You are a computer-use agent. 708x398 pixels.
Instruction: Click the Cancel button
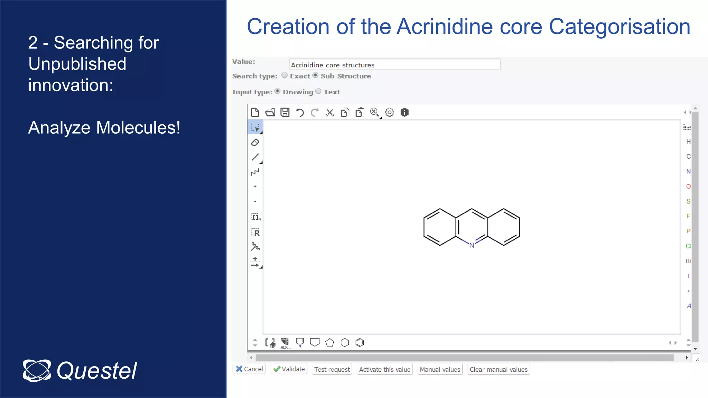tap(249, 369)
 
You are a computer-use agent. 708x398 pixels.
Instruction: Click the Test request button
tap(332, 369)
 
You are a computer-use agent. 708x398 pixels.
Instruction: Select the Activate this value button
tap(384, 369)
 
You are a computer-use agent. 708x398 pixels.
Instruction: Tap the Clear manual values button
tap(498, 369)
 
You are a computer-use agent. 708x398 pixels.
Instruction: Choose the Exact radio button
tap(285, 75)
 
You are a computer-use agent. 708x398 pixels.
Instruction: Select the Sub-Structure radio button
tap(315, 75)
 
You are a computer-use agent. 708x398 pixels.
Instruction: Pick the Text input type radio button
tap(318, 91)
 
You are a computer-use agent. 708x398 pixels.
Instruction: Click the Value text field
tap(394, 65)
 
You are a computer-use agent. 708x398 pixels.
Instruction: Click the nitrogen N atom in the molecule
tap(472, 245)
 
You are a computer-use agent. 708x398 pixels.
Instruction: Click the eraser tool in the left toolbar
tap(255, 142)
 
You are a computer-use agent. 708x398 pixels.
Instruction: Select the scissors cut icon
tap(330, 113)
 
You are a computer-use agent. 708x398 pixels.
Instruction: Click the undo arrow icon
tap(300, 113)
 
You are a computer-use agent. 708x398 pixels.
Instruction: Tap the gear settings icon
tap(390, 113)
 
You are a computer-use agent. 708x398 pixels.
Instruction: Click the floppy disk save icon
tap(285, 113)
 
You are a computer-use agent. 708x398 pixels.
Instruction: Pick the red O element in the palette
tap(688, 187)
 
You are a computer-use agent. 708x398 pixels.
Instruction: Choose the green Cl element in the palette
tap(688, 246)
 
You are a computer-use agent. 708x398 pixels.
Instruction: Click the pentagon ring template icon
tap(330, 343)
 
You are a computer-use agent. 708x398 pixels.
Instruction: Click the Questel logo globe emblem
tap(37, 371)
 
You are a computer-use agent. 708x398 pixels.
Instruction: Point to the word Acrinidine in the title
tap(445, 27)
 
